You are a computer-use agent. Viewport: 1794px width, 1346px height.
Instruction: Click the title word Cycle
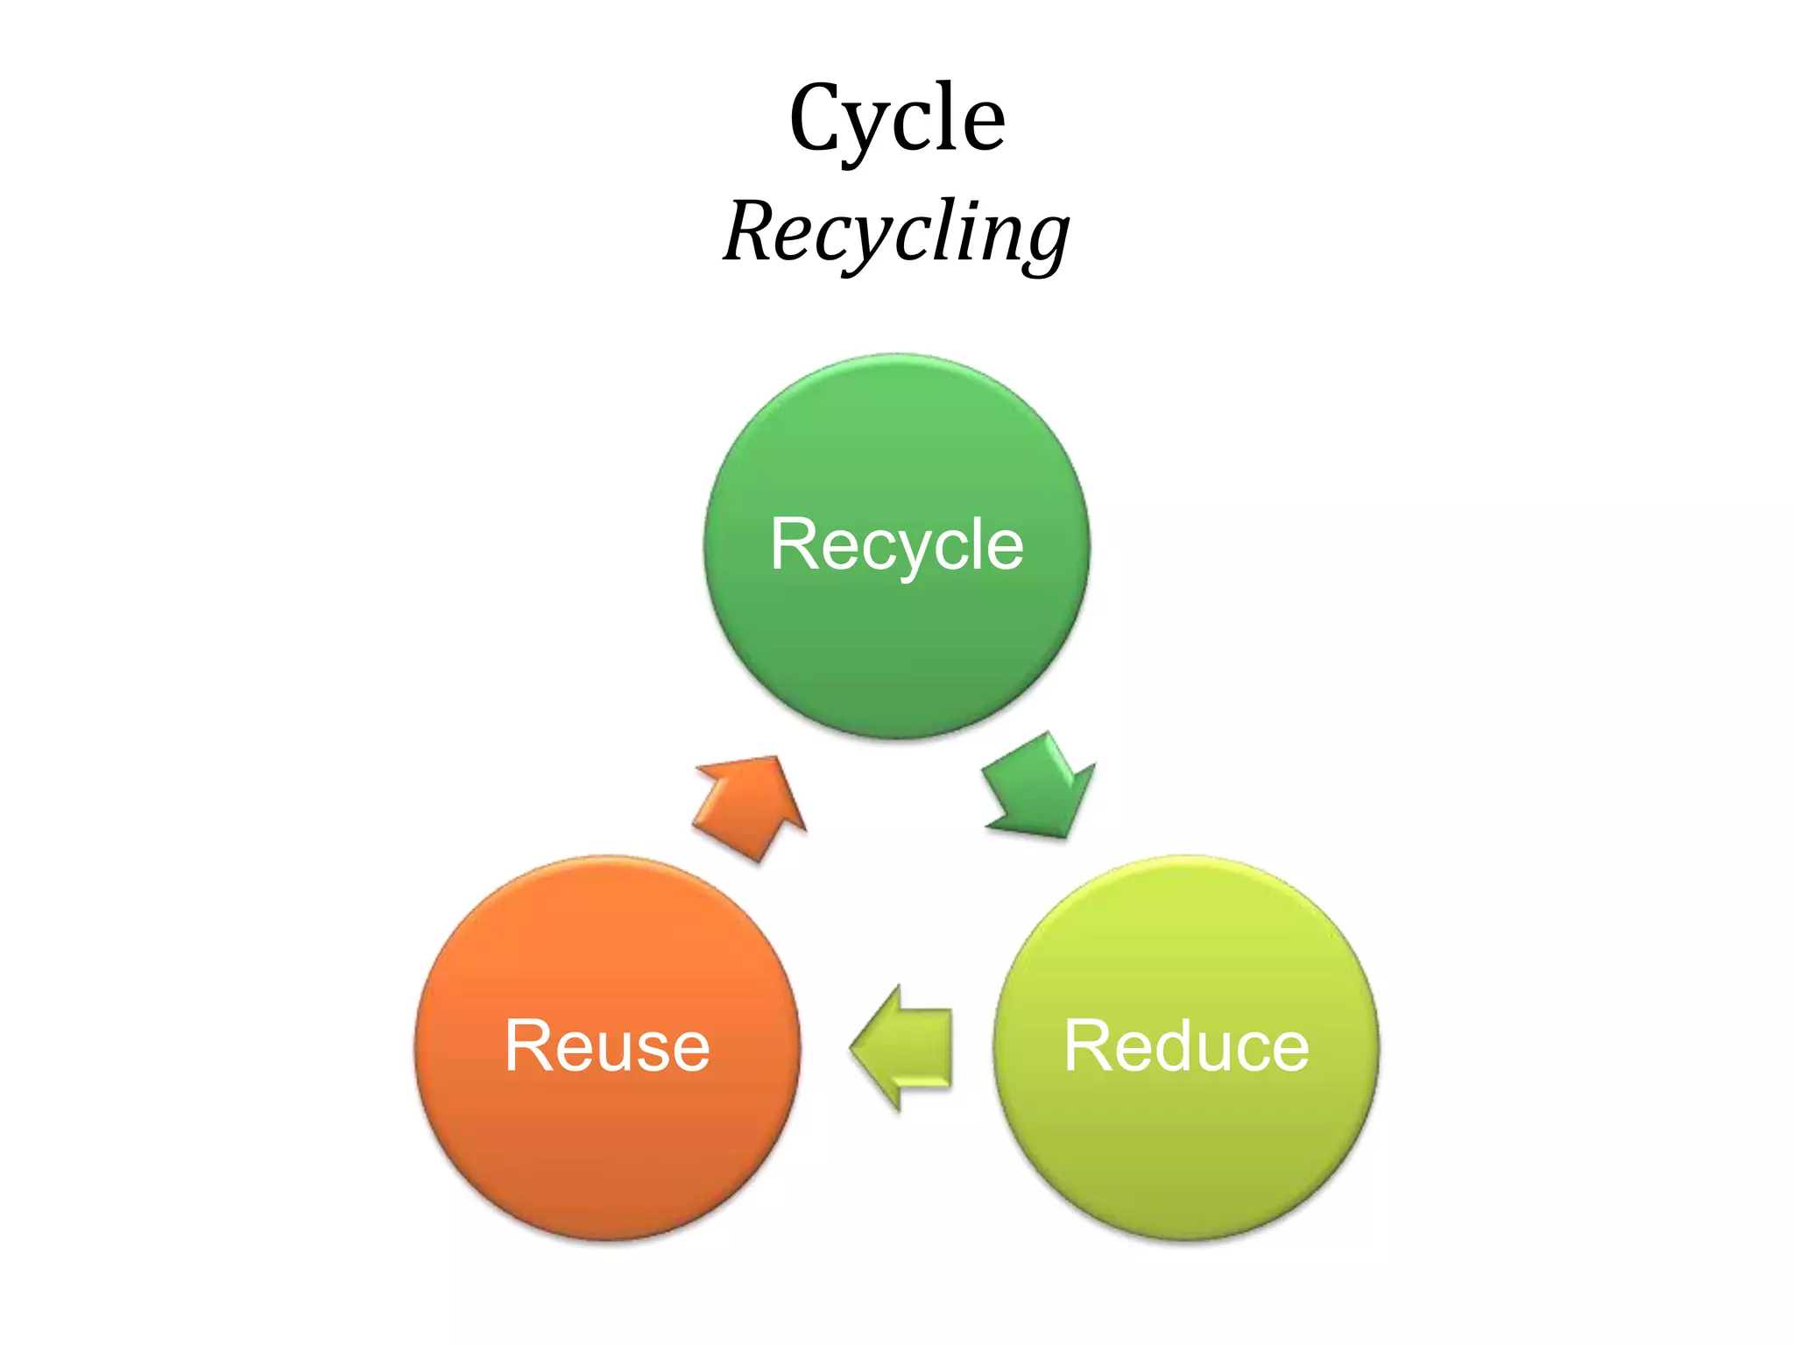[x=897, y=118]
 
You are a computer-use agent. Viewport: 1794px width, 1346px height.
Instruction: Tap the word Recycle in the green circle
[x=897, y=544]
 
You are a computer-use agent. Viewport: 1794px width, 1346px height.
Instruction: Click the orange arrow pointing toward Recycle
[x=752, y=806]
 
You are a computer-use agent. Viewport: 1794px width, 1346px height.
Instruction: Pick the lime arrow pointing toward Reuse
[x=902, y=1048]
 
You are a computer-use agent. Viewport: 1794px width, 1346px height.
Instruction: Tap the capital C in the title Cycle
[x=820, y=118]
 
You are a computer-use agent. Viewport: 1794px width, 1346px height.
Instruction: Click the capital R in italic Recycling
[x=753, y=230]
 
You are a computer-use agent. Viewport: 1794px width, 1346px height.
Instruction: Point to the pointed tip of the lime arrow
[x=852, y=1048]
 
